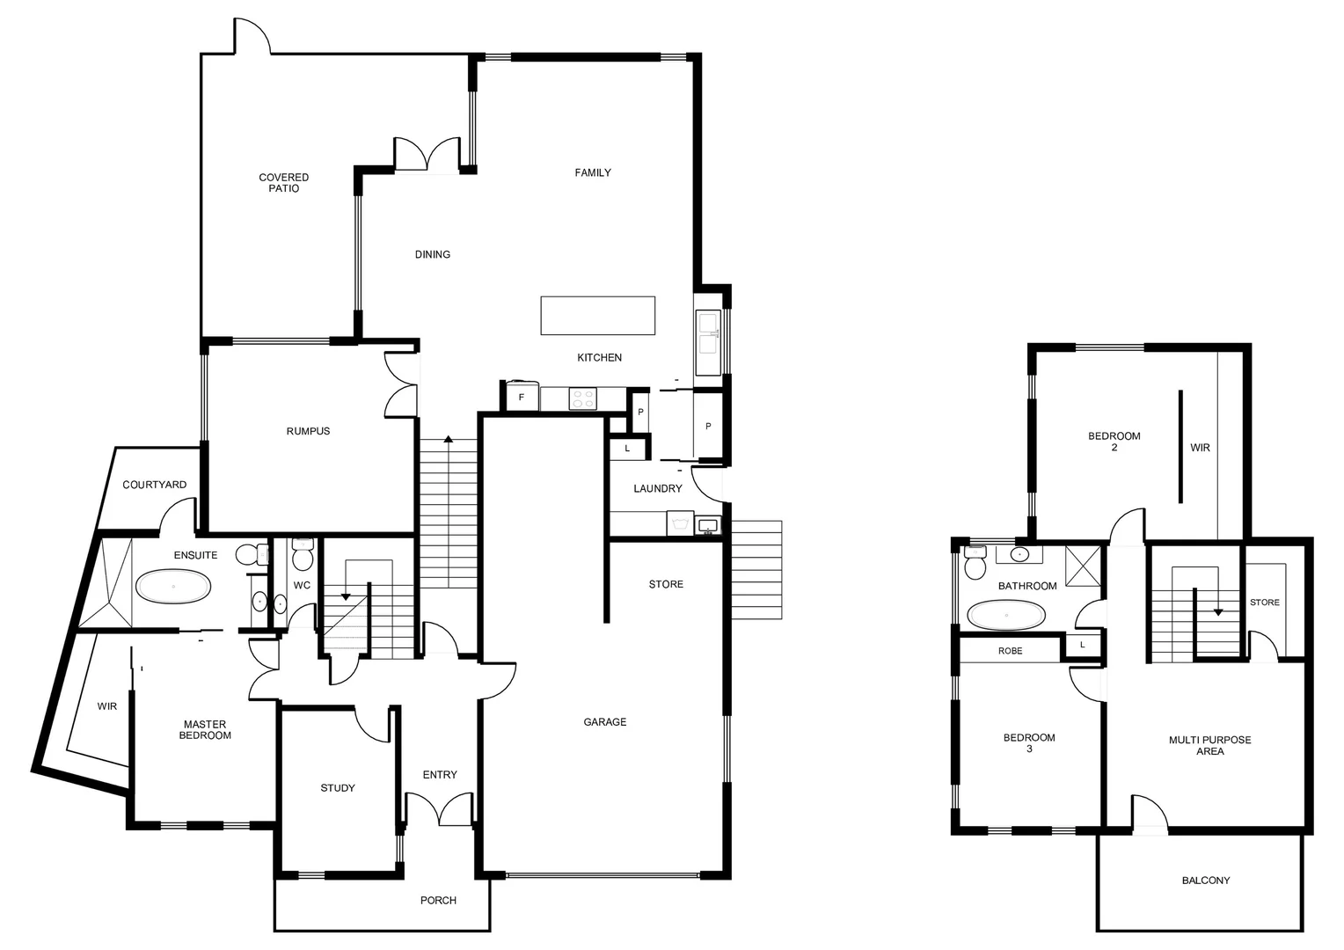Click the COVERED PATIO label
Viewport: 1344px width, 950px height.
[x=283, y=183]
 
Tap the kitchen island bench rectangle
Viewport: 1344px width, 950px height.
[x=597, y=316]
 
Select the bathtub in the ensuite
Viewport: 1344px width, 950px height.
[x=173, y=586]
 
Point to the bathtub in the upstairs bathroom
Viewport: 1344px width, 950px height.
[x=1006, y=615]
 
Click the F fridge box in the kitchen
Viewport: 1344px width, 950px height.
[x=522, y=398]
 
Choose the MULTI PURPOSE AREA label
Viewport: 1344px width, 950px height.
[x=1209, y=746]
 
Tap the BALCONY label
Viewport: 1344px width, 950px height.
[x=1205, y=881]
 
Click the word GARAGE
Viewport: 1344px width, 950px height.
[x=605, y=722]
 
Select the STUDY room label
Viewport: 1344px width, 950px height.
[x=338, y=788]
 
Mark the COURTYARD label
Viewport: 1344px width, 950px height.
[x=154, y=485]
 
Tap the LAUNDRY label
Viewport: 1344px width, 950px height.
[x=657, y=489]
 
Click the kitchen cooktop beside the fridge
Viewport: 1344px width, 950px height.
[x=582, y=398]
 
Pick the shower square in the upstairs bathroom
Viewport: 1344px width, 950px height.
[x=1083, y=565]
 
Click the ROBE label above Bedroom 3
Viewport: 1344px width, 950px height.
[x=1010, y=651]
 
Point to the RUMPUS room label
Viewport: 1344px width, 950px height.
[x=308, y=431]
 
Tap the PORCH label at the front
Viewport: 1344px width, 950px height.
[x=438, y=901]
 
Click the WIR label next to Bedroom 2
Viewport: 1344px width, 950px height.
[x=1200, y=448]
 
